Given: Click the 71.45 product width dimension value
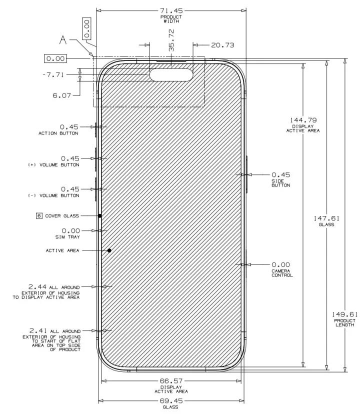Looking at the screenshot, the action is pos(171,11).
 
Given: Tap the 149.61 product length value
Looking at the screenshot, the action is pos(344,314).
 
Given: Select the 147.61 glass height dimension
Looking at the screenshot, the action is pos(326,218).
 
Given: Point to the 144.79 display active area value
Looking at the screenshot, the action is pos(303,120).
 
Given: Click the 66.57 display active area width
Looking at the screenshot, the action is pos(171,381).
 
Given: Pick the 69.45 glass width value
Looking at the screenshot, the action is pos(171,401).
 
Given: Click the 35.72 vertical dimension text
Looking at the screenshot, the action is pos(171,40).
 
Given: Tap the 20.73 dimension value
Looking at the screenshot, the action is pos(222,45).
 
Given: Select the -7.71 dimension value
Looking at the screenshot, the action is pos(53,74).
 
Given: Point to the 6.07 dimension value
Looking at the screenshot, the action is pos(62,95).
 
